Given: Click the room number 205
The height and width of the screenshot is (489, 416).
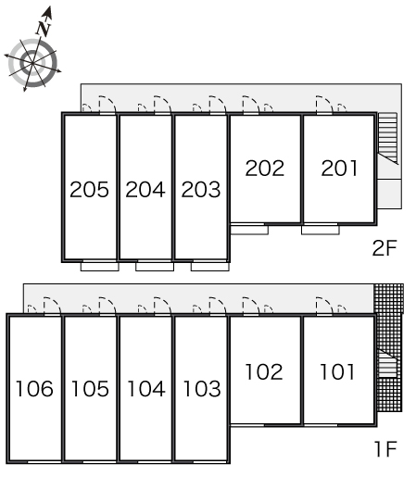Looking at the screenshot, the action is (89, 189).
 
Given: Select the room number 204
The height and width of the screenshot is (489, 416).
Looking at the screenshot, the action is (145, 189).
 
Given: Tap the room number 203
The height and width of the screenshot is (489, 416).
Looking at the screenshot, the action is (201, 189).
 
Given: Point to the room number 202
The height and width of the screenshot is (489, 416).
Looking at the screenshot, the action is (265, 169).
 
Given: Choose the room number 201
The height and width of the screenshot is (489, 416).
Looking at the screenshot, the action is (339, 169).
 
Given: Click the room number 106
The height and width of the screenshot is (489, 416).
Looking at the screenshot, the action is (34, 389).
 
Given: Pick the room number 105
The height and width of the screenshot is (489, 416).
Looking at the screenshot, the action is (90, 389).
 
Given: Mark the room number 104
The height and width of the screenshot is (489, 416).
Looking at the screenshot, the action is (146, 389).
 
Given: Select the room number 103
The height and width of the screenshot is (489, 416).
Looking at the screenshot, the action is (202, 389).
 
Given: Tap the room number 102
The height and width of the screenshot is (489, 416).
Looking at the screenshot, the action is (264, 371).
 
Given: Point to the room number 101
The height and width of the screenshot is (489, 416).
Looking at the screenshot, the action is (337, 371).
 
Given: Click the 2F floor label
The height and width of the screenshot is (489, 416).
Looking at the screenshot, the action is (384, 248).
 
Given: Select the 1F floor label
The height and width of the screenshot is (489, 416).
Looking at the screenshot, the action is (385, 449).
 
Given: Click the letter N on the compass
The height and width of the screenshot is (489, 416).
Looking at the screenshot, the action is (44, 29).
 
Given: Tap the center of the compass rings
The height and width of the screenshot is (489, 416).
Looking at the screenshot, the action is (32, 63).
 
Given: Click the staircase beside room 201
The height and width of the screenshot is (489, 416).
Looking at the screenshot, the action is (388, 138).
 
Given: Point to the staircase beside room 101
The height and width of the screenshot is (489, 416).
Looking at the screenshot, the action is (388, 363).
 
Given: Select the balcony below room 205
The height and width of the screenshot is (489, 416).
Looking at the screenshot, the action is (99, 267).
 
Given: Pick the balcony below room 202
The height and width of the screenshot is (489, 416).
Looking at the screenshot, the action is (249, 230).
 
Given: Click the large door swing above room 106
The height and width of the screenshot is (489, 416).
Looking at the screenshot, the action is (52, 307).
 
